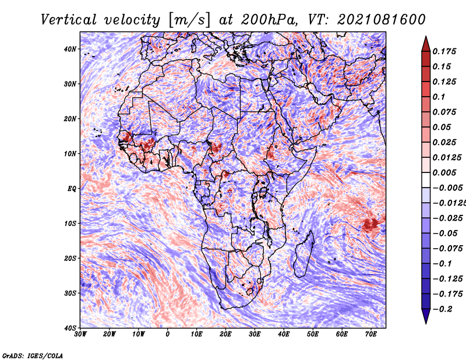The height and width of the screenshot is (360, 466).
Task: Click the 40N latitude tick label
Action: pos(70,49)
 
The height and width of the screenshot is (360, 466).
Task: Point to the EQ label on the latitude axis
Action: pos(72,189)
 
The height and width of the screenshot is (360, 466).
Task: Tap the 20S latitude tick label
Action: pos(70,258)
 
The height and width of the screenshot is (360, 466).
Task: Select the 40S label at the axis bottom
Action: pos(70,328)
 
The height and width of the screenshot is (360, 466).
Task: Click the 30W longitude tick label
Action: pos(80,334)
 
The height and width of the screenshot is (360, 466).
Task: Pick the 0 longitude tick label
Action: pos(168,334)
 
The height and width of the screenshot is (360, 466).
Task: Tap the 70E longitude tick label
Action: pos(371,334)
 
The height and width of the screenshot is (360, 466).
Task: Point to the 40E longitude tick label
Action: pos(284,334)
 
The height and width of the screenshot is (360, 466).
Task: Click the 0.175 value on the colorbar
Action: pos(444,51)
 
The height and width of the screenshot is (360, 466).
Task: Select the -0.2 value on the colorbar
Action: pos(442,309)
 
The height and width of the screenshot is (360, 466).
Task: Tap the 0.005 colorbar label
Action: pos(444,172)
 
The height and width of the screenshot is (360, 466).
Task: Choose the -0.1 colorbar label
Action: pos(442,264)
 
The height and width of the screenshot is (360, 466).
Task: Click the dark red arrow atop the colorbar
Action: pos(426,44)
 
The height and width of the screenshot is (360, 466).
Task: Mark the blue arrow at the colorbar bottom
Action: pos(426,316)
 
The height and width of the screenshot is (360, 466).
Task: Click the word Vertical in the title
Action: pos(69,20)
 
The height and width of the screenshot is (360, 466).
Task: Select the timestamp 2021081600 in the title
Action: pos(382,20)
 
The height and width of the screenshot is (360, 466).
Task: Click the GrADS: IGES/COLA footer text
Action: pos(33,355)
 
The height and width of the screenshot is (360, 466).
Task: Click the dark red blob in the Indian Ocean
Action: pos(371,224)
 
